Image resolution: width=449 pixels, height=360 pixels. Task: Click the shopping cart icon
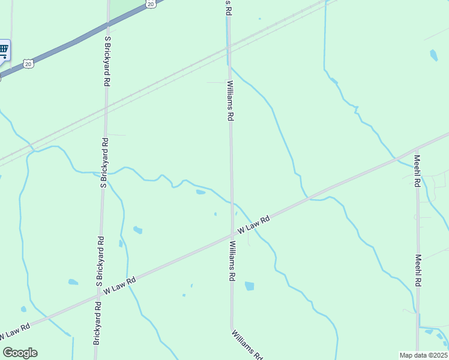pyautogui.click(x=3, y=49)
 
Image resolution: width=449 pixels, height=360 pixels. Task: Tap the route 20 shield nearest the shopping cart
pyautogui.click(x=28, y=63)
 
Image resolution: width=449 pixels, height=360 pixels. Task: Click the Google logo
pyautogui.click(x=20, y=353)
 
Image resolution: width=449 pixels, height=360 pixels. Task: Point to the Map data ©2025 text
pyautogui.click(x=423, y=355)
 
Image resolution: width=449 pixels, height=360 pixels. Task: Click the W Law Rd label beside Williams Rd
pyautogui.click(x=253, y=225)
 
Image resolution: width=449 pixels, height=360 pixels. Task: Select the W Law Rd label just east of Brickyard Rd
pyautogui.click(x=120, y=285)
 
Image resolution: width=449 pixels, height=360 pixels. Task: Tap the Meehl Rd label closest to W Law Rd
pyautogui.click(x=417, y=172)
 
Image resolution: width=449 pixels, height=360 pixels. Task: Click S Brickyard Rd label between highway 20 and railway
pyautogui.click(x=107, y=61)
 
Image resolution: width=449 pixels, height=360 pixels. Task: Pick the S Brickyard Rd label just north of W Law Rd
pyautogui.click(x=100, y=262)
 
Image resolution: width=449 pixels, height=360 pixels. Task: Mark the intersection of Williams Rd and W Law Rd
pyautogui.click(x=232, y=235)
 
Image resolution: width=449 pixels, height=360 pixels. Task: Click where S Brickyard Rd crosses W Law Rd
pyautogui.click(x=98, y=296)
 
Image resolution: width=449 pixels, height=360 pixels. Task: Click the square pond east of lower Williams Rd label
pyautogui.click(x=249, y=286)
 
